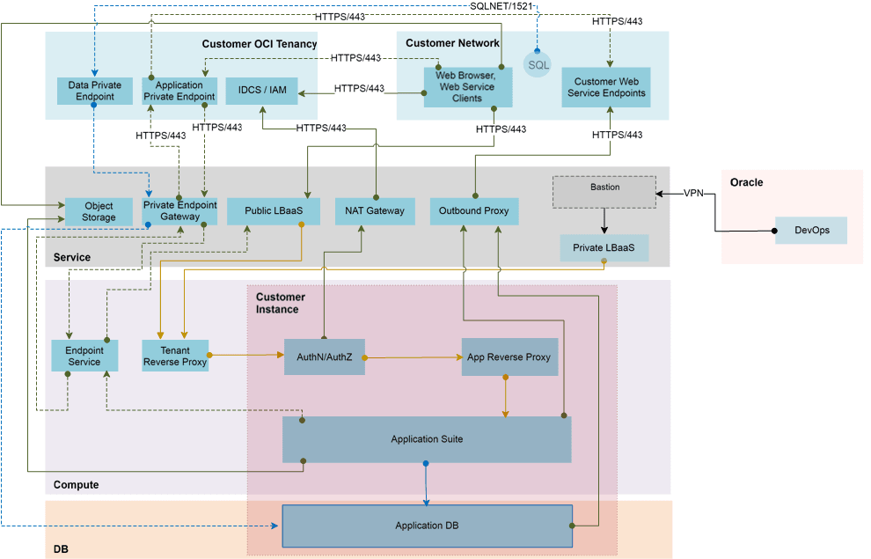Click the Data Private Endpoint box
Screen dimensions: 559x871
tap(94, 91)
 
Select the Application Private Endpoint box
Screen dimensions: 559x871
tap(179, 91)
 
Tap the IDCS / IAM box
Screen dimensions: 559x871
tap(261, 91)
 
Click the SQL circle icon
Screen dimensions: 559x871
tap(538, 64)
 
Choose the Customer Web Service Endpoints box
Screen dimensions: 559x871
tap(606, 87)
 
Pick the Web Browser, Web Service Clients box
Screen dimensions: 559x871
tap(467, 87)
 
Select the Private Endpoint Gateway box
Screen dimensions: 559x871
tap(179, 210)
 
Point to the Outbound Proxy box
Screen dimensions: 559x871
tap(474, 210)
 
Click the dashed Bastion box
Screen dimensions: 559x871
tap(604, 192)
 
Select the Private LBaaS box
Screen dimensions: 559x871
tap(604, 247)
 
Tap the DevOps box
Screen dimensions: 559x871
tap(810, 230)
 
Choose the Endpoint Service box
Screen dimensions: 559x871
tap(84, 356)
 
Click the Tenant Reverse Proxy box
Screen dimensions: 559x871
tap(175, 356)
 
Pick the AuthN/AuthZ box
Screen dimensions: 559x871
tap(324, 357)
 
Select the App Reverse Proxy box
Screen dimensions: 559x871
tap(509, 357)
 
